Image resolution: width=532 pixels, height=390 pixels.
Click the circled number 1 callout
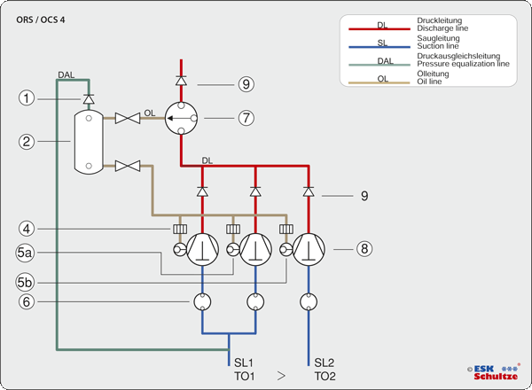pyautogui.click(x=27, y=99)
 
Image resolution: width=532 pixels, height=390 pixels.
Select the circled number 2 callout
pyautogui.click(x=27, y=140)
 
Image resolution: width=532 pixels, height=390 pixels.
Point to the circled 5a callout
pyautogui.click(x=27, y=253)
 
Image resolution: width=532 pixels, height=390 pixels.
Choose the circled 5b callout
pyautogui.click(x=27, y=282)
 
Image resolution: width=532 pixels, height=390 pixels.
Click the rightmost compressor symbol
pyautogui.click(x=309, y=250)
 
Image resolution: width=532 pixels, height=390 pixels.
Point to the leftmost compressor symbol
pyautogui.click(x=202, y=250)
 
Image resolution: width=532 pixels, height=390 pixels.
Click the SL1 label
pyautogui.click(x=244, y=362)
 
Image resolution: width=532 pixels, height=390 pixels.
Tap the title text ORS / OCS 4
pyautogui.click(x=40, y=19)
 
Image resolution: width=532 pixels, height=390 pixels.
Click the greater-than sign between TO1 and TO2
pyautogui.click(x=281, y=376)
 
